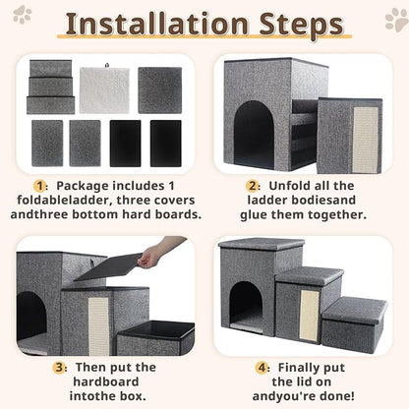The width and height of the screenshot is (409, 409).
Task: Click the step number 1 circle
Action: click(x=39, y=185)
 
